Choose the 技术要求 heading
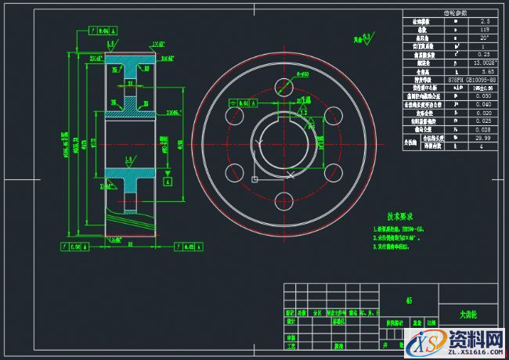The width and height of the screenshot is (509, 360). [402, 216]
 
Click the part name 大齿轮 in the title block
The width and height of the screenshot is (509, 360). [468, 314]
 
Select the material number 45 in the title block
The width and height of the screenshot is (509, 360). [409, 300]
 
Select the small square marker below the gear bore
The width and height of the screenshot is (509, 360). [254, 179]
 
